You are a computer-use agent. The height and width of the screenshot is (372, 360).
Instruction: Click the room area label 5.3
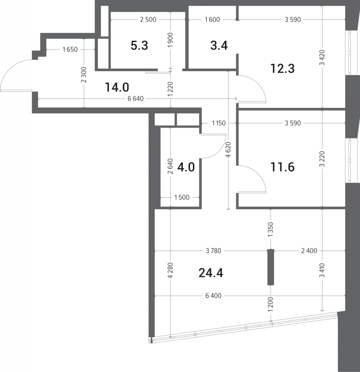139,45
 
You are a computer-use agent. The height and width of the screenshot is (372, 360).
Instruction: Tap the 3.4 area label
219,45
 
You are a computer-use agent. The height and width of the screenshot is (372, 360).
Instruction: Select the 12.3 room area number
282,69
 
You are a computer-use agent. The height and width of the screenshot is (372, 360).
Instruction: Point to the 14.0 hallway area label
117,87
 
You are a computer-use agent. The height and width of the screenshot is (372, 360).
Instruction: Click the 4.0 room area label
186,167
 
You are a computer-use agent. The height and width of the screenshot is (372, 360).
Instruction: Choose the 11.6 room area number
282,167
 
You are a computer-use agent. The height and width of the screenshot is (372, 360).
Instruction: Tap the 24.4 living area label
211,273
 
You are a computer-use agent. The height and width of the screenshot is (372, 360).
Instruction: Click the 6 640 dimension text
136,99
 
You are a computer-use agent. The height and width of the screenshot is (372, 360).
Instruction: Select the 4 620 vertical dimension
228,150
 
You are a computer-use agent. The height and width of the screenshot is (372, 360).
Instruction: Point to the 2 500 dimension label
148,20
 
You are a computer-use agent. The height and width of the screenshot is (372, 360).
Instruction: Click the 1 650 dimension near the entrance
70,49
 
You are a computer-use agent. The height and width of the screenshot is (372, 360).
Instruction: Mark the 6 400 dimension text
213,296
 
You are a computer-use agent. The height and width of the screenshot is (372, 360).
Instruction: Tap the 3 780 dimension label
213,251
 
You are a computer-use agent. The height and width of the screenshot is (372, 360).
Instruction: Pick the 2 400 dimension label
309,251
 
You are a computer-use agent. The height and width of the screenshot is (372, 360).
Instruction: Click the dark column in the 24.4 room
271,267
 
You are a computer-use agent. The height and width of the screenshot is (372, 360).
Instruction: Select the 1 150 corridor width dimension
219,123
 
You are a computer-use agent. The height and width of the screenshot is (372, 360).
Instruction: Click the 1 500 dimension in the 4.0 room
182,197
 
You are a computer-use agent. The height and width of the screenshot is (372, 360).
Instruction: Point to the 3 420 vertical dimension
322,58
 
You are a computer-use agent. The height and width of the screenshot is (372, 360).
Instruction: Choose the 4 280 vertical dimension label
171,270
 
